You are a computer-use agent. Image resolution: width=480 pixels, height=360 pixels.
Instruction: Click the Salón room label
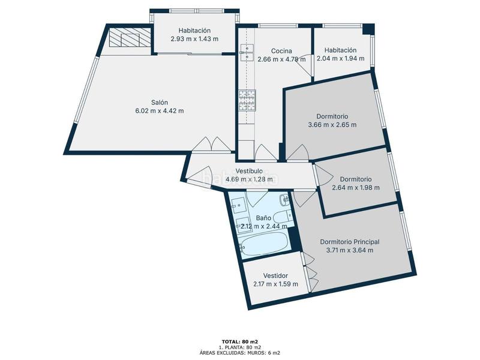coord(160,103)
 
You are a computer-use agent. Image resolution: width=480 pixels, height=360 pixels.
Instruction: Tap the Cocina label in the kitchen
coord(281,51)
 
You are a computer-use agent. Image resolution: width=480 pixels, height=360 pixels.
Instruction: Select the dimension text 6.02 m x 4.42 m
coord(160,111)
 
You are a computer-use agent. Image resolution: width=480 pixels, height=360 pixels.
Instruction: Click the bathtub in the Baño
coord(264,244)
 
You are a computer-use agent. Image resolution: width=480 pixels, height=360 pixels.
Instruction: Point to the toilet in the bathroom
coord(282,217)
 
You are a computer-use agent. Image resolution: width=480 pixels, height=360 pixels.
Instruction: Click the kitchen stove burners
coord(247,100)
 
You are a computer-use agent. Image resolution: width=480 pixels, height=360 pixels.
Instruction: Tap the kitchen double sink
coord(247,52)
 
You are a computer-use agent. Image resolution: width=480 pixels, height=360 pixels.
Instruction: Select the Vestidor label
coord(275,276)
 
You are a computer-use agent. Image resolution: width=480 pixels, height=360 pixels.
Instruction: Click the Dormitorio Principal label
coord(350,242)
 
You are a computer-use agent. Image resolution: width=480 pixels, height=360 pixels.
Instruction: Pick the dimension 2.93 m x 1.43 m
coord(194,39)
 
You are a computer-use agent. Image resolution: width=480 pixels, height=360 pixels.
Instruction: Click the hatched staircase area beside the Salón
coord(130,37)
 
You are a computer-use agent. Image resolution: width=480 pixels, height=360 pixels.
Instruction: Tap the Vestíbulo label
coord(249,171)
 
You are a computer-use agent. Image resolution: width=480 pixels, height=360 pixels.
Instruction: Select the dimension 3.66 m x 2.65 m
coord(332,125)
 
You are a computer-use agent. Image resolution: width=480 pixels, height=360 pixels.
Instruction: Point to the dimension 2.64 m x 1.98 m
coord(356,188)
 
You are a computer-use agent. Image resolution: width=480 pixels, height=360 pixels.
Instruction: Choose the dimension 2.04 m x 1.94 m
coord(340,58)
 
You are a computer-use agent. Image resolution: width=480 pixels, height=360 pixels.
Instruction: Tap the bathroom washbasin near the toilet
coord(284,200)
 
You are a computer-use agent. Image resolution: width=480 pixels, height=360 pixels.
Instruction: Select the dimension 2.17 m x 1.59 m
coord(275,284)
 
